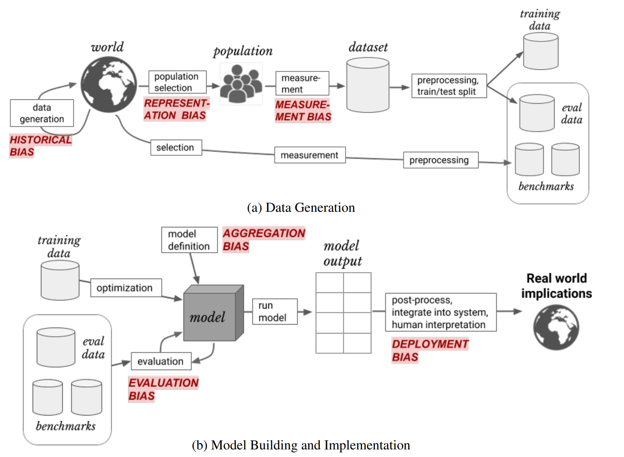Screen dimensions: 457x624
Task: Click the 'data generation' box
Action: point(42,113)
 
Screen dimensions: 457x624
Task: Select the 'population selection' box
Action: point(177,82)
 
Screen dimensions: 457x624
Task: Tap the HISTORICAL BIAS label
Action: point(40,146)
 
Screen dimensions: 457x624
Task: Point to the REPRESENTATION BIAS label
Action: point(176,109)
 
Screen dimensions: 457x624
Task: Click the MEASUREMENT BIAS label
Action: point(303,110)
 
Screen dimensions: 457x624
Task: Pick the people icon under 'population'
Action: point(241,84)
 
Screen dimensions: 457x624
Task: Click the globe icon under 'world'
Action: point(109,85)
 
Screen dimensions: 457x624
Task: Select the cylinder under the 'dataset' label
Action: point(368,85)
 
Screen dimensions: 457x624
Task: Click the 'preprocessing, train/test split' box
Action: point(449,86)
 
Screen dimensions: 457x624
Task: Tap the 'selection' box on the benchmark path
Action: point(175,147)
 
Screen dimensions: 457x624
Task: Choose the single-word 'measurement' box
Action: point(310,155)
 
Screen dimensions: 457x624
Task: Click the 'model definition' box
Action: point(189,240)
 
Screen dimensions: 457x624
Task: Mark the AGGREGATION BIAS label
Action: point(264,240)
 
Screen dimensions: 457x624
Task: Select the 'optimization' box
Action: point(126,288)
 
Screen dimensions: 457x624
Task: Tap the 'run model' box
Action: point(274,312)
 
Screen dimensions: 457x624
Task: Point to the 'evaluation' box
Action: point(161,361)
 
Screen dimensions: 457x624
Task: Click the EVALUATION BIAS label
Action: point(163,389)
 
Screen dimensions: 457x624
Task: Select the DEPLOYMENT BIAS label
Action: point(430,350)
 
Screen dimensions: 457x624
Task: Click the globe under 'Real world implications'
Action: point(556,327)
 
